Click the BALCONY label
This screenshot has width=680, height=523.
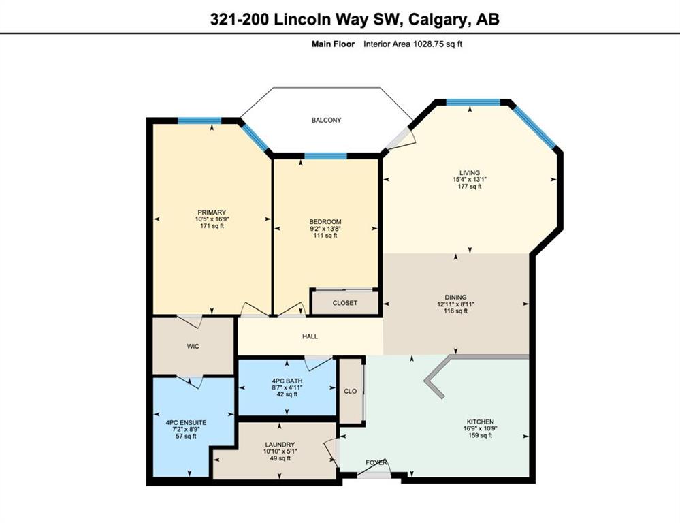pos(326,121)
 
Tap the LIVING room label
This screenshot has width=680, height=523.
pos(470,173)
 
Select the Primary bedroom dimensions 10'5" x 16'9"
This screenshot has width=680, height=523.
pos(212,219)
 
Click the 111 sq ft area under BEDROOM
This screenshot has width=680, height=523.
pos(325,236)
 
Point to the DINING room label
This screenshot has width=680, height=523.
pos(455,298)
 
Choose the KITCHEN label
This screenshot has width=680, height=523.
pos(480,422)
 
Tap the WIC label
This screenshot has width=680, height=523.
pos(193,347)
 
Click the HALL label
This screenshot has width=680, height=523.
pos(310,336)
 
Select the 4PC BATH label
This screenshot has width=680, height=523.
pos(287,381)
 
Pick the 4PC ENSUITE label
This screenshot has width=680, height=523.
pos(186,422)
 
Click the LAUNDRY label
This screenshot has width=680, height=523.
pos(280,445)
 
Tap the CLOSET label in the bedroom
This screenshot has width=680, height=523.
pos(345,303)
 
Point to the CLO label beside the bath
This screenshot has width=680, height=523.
pos(351,391)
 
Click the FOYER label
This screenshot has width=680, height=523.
pos(376,462)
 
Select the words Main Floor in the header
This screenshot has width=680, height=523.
pos(333,44)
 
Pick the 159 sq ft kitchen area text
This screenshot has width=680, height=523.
pos(480,435)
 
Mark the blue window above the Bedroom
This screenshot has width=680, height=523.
pos(325,156)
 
